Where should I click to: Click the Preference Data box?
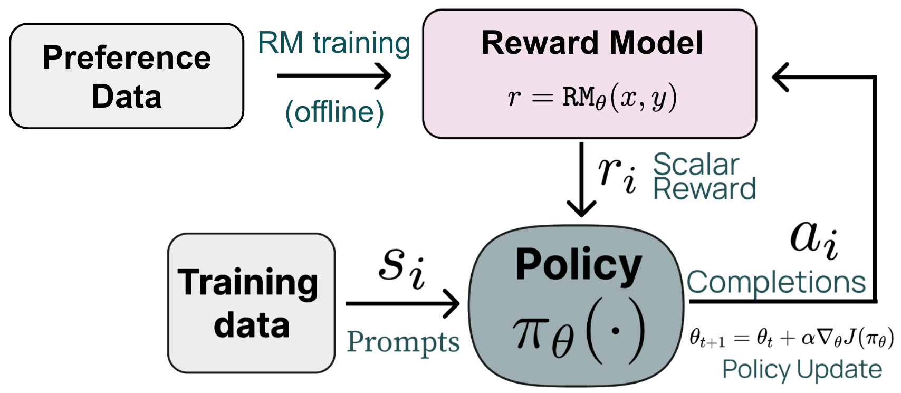127,76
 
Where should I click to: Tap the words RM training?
334,43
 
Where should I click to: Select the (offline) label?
334,112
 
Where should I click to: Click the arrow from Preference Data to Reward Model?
334,75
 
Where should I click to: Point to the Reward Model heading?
592,43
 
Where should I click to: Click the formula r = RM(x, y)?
592,98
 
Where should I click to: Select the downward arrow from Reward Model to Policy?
581,179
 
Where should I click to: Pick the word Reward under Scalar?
704,189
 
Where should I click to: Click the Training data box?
251,303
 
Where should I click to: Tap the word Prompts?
403,342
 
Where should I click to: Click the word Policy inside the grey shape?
578,265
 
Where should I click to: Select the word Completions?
776,282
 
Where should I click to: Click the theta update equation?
791,338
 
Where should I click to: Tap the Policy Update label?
802,369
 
